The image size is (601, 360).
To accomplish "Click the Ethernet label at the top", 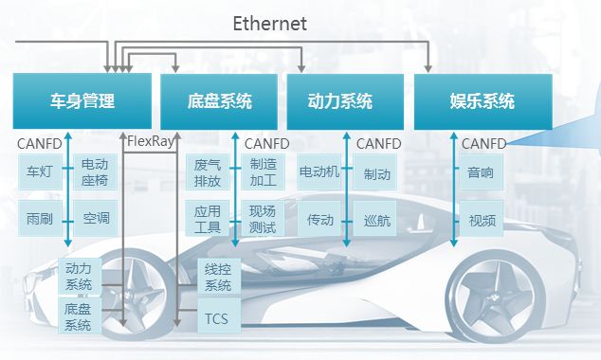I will (x=270, y=24).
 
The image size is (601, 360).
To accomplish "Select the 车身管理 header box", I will (x=82, y=101).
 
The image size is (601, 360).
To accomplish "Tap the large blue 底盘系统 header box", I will (x=219, y=101).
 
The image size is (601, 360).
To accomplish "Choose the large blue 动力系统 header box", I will (x=341, y=101).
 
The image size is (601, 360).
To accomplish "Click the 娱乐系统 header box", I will (x=483, y=101).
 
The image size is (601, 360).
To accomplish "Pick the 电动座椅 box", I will (x=95, y=172).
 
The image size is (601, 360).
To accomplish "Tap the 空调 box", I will (x=95, y=219).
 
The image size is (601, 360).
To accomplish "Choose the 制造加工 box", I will (x=263, y=172).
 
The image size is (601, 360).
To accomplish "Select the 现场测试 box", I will (x=263, y=219).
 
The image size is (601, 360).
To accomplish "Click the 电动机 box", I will (x=319, y=172).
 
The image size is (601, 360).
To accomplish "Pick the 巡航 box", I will (x=376, y=220).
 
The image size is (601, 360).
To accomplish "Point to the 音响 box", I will (x=481, y=172).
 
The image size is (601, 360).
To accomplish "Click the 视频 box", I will (x=481, y=220).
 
